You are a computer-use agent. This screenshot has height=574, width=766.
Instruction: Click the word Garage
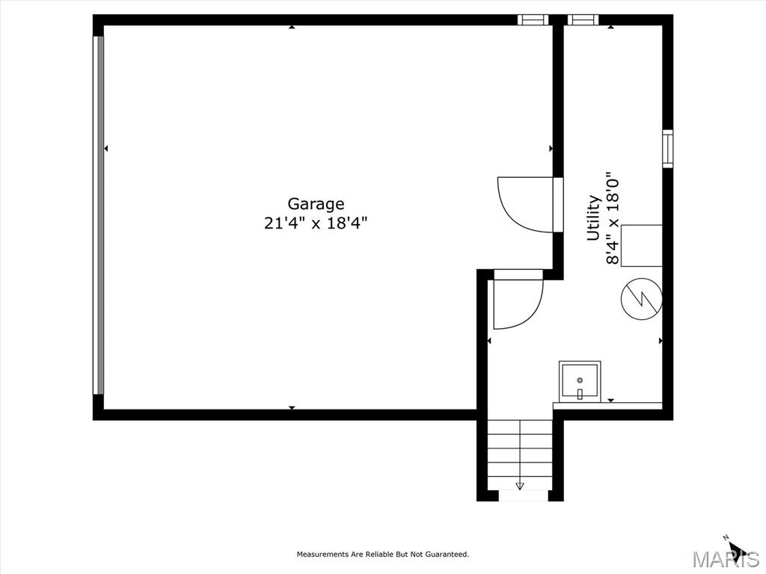point(316,204)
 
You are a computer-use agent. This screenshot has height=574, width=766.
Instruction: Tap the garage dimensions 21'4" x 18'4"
point(316,223)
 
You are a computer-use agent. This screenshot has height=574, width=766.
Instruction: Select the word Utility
point(593,217)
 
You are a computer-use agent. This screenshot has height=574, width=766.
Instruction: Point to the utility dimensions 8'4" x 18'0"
point(613,217)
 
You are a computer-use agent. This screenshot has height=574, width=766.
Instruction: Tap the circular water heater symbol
point(641,299)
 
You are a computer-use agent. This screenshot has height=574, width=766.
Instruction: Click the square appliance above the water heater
point(641,245)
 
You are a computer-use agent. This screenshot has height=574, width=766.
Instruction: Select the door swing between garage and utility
point(526,205)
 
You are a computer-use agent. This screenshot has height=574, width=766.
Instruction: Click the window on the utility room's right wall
point(667,149)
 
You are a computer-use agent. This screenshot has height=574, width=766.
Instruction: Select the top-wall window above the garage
point(533,19)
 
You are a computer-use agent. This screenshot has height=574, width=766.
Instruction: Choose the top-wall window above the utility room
point(583,19)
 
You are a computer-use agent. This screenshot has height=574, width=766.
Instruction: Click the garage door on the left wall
point(99,215)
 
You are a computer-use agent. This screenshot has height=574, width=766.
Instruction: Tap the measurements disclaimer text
point(383,554)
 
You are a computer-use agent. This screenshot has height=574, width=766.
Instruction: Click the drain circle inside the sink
point(580,380)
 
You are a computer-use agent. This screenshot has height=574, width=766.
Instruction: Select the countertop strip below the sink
point(607,406)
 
